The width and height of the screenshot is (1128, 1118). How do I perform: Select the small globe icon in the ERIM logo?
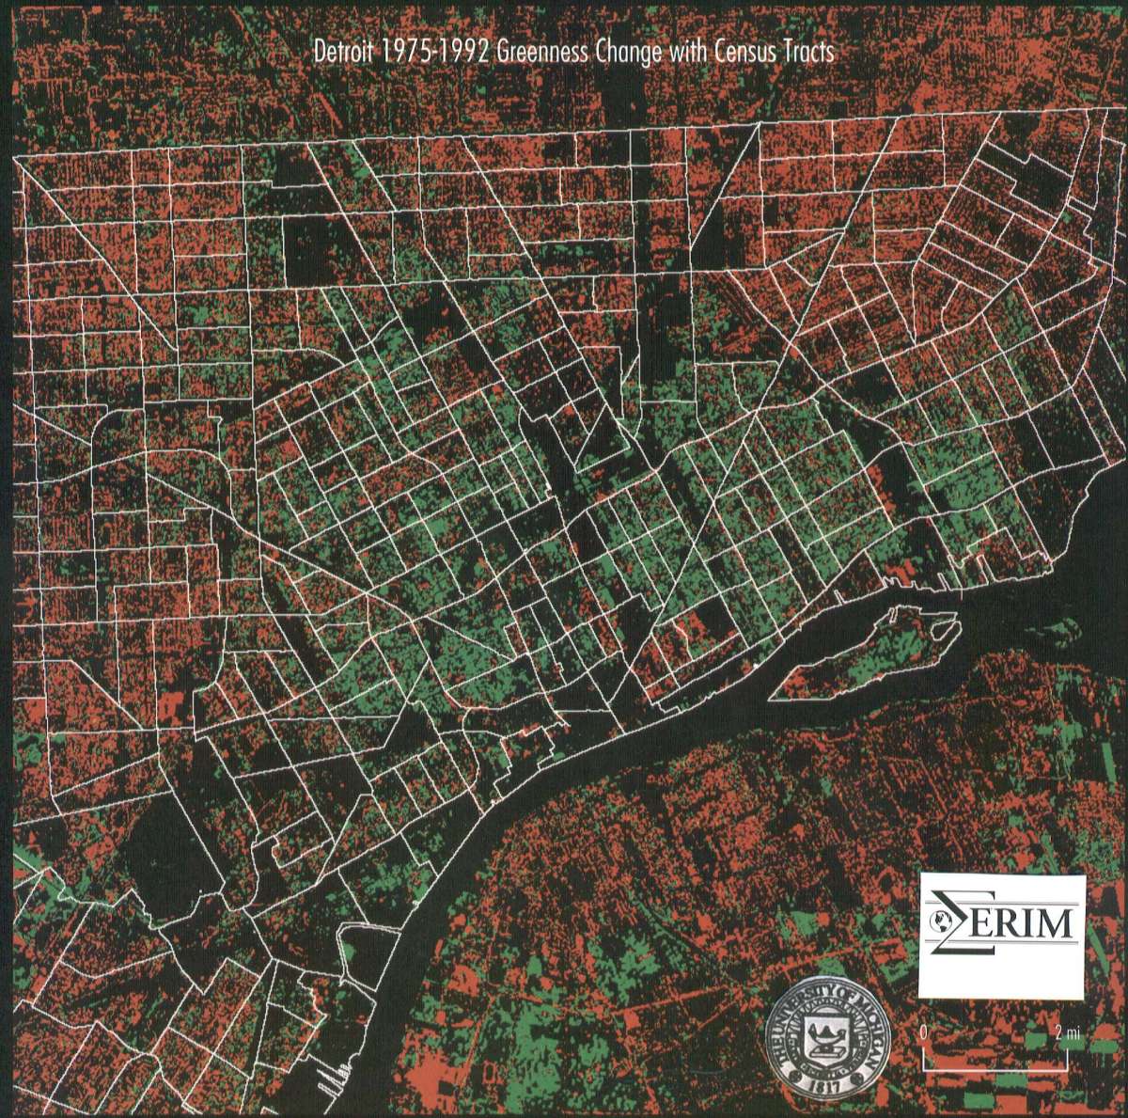tap(937, 922)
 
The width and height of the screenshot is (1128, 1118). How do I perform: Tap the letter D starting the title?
tap(321, 53)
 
